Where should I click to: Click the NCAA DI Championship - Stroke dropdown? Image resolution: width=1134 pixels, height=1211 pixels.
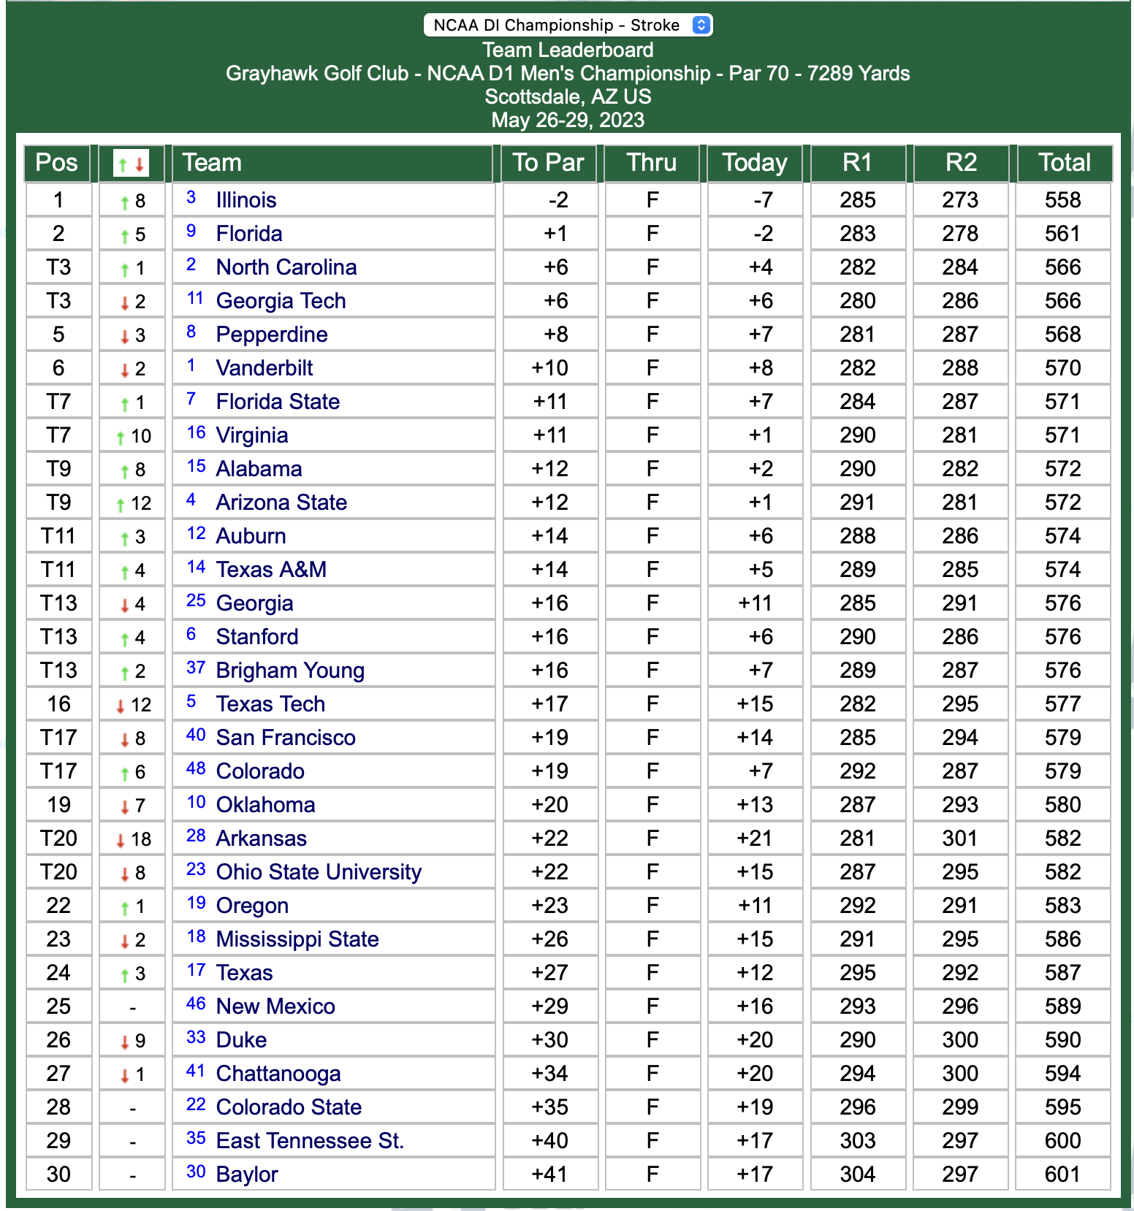pos(568,25)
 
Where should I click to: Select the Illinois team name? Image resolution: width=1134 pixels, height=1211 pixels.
pos(246,200)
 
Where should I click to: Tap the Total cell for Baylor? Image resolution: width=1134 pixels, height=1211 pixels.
pos(1062,1174)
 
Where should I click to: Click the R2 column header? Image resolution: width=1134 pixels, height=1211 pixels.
pos(960,163)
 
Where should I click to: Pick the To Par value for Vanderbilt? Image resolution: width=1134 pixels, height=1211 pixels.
pos(549,368)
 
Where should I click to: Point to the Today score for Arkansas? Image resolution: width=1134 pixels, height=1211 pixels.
pos(755,838)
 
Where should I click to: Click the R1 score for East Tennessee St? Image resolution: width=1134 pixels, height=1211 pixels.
pos(857,1140)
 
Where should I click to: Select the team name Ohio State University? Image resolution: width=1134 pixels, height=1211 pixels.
pos(319,872)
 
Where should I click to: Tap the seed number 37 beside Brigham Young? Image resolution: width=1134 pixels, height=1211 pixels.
pos(196,668)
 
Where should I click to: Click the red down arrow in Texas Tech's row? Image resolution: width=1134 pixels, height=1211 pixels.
pos(121,706)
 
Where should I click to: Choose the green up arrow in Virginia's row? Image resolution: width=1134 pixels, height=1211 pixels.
pos(121,438)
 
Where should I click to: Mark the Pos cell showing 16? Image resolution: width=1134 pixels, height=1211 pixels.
pos(58,704)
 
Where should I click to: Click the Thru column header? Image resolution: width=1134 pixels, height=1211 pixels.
pos(652,163)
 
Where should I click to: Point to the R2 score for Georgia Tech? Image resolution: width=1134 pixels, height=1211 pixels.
pos(959,301)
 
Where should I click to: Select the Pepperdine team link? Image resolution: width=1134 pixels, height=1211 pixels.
pos(272,335)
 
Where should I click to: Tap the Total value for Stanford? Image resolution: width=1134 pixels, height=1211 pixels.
pos(1062,637)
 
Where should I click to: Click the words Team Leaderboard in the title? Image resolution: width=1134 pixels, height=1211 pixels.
pos(568,50)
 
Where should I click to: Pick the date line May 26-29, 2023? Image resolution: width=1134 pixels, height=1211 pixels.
pos(568,120)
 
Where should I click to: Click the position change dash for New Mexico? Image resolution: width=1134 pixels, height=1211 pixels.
pos(132,1007)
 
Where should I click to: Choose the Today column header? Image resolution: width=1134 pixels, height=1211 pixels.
pos(755,163)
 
